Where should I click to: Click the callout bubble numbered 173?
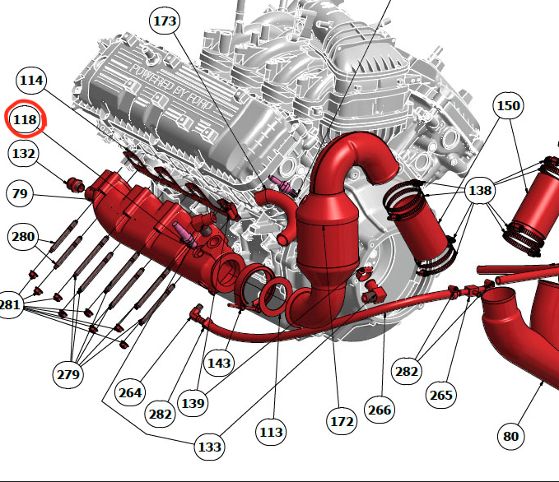pyautogui.click(x=165, y=21)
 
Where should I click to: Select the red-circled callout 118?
pyautogui.click(x=25, y=119)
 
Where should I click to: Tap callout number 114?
pyautogui.click(x=31, y=80)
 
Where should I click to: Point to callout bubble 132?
pyautogui.click(x=24, y=154)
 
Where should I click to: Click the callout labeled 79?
pyautogui.click(x=20, y=194)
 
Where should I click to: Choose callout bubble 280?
pyautogui.click(x=23, y=237)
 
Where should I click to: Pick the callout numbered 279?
pyautogui.click(x=68, y=374)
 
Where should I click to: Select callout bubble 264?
pyautogui.click(x=130, y=392)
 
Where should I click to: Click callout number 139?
pyautogui.click(x=193, y=403)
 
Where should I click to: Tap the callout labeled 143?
pyautogui.click(x=219, y=363)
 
